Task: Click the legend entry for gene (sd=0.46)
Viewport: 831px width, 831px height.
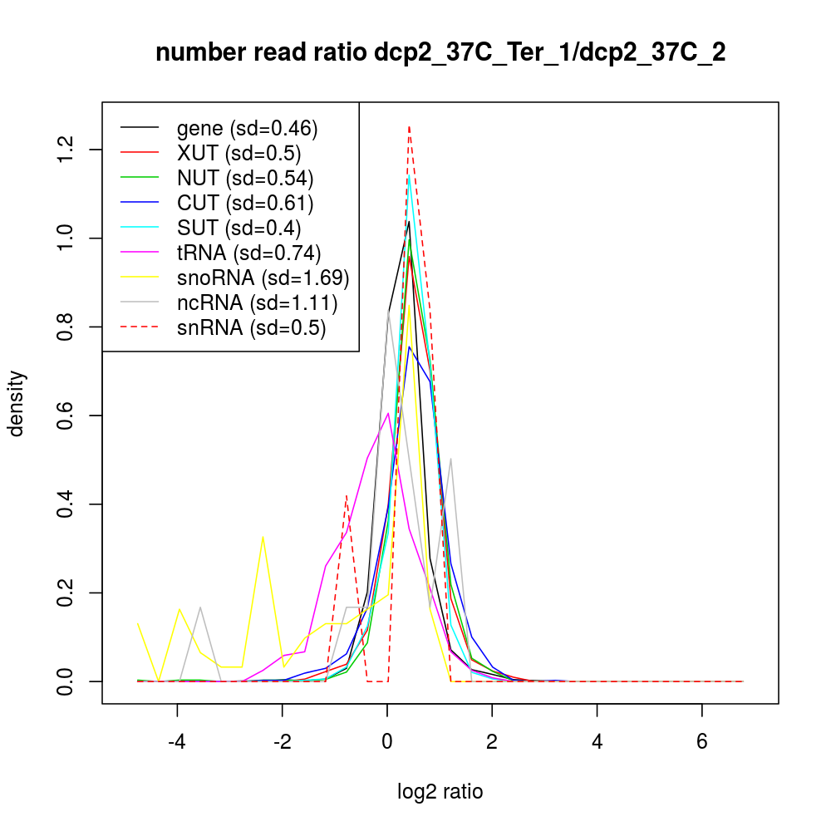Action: click(247, 128)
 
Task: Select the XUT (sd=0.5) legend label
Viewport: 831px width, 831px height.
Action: click(238, 153)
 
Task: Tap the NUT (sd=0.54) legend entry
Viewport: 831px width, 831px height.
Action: click(245, 178)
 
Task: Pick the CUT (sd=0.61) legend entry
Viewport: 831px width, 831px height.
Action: click(245, 203)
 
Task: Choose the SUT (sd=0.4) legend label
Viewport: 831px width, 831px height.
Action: click(238, 228)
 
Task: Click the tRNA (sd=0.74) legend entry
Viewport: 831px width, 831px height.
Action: click(248, 253)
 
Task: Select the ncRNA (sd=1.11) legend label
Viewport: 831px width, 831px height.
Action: click(257, 302)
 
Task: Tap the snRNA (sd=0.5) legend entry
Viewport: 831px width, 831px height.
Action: click(251, 328)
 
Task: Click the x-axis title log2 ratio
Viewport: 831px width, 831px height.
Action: click(440, 792)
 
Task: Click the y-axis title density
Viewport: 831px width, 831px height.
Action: click(17, 403)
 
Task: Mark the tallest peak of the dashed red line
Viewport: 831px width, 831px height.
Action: click(409, 127)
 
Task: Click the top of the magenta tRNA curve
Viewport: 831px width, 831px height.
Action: click(388, 413)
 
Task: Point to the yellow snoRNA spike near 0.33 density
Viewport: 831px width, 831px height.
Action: click(263, 536)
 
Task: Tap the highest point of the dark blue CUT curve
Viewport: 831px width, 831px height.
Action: click(409, 347)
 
